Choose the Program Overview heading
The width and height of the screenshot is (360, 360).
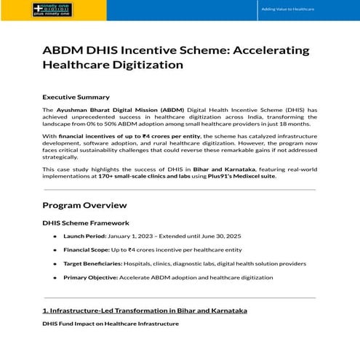(84, 205)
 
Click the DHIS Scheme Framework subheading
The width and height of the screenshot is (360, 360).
(86, 223)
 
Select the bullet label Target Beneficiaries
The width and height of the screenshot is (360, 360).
(93, 263)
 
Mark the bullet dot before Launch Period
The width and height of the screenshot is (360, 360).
(55, 236)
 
